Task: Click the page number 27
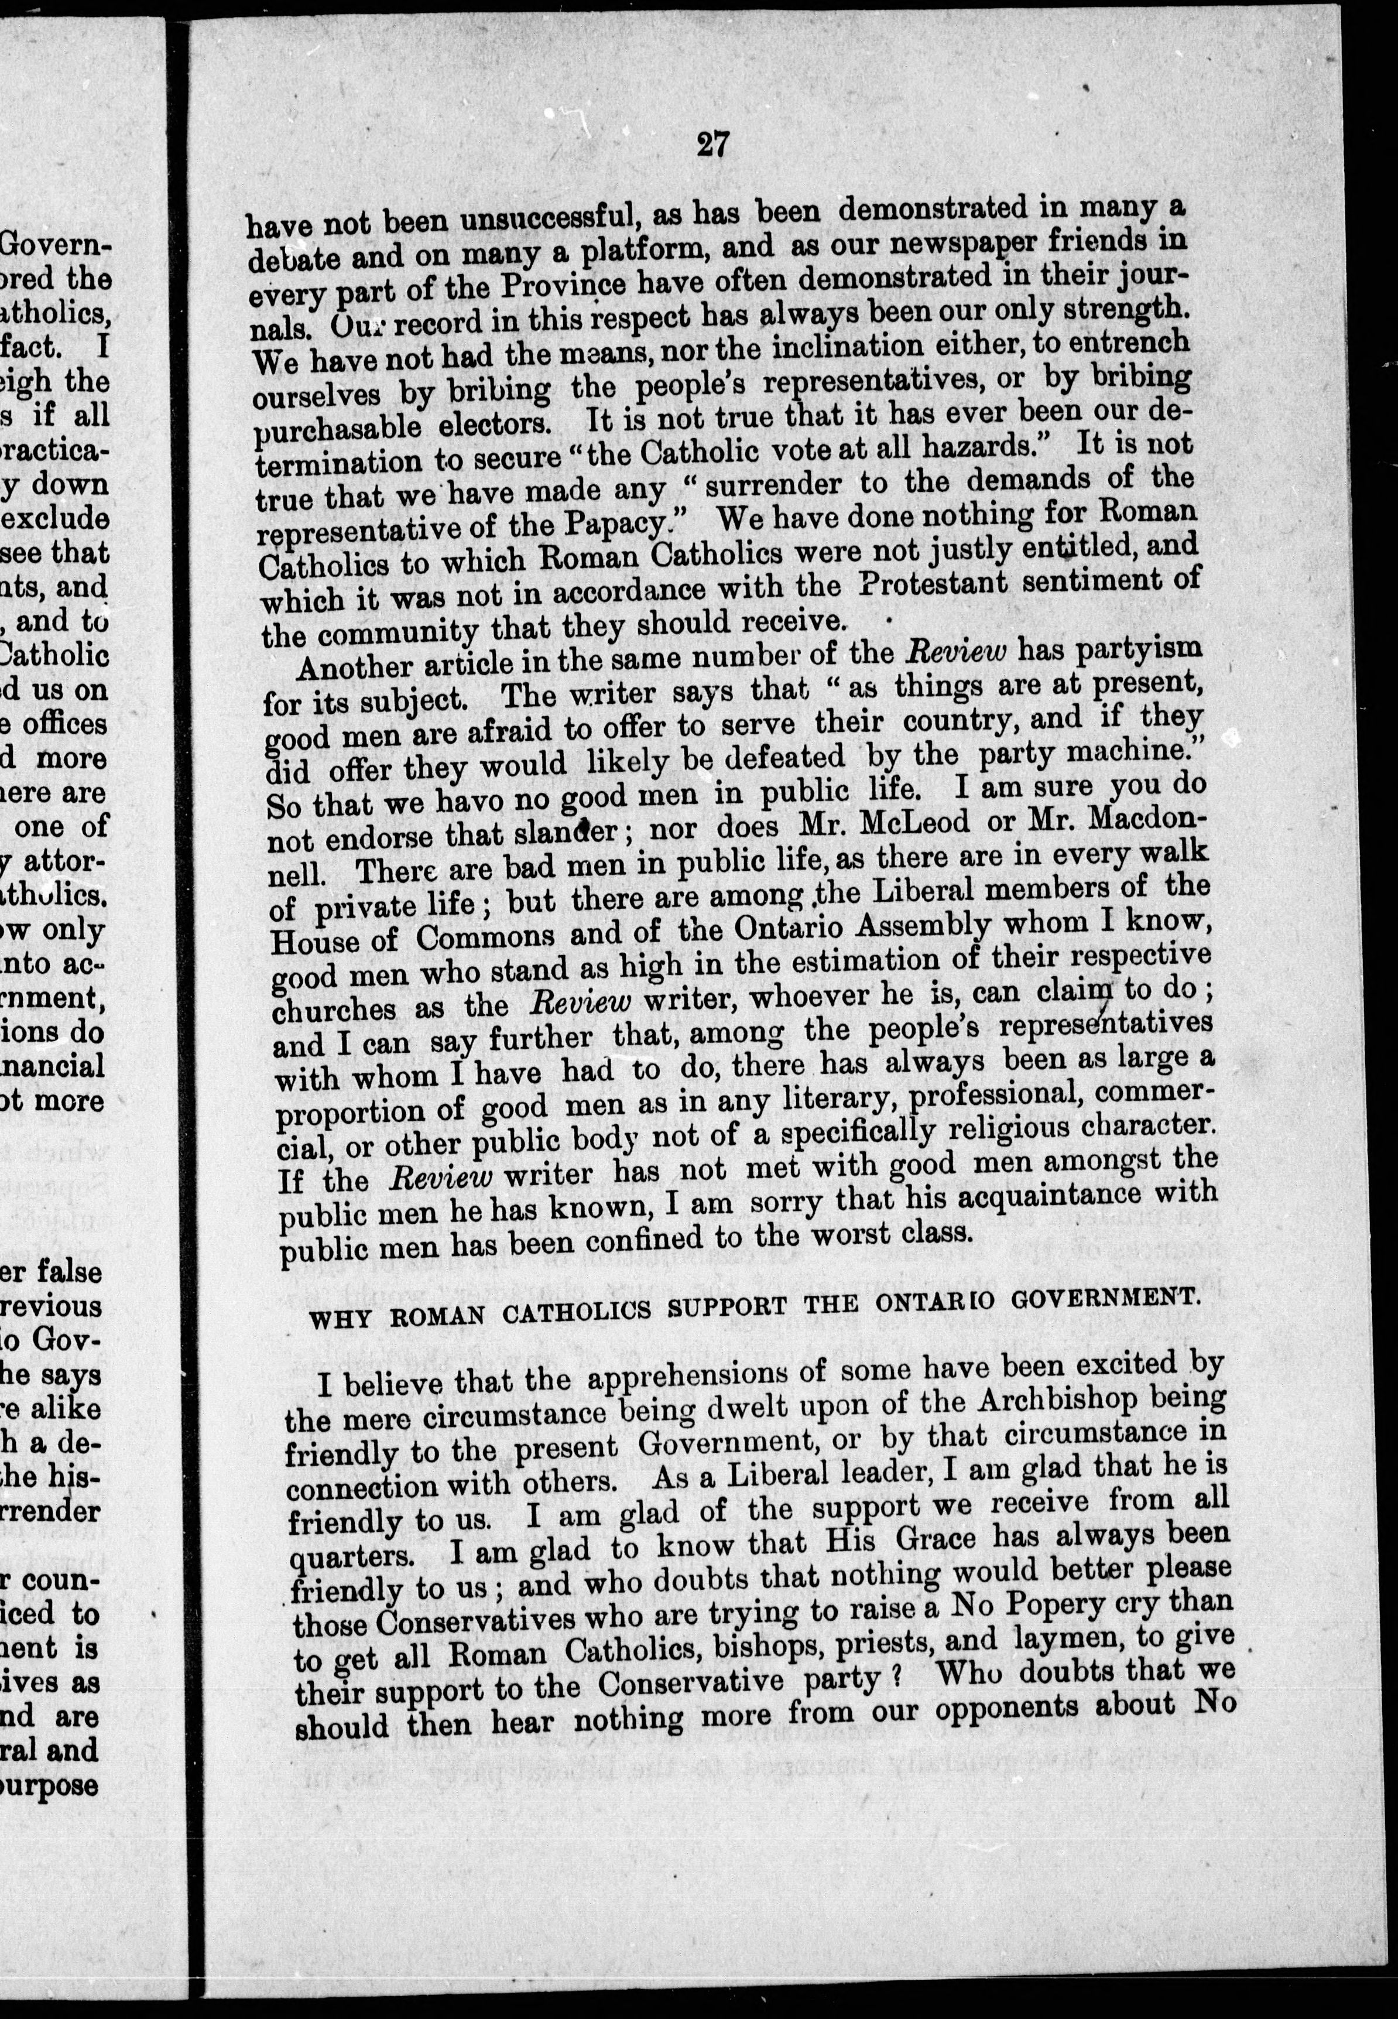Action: (x=711, y=143)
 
